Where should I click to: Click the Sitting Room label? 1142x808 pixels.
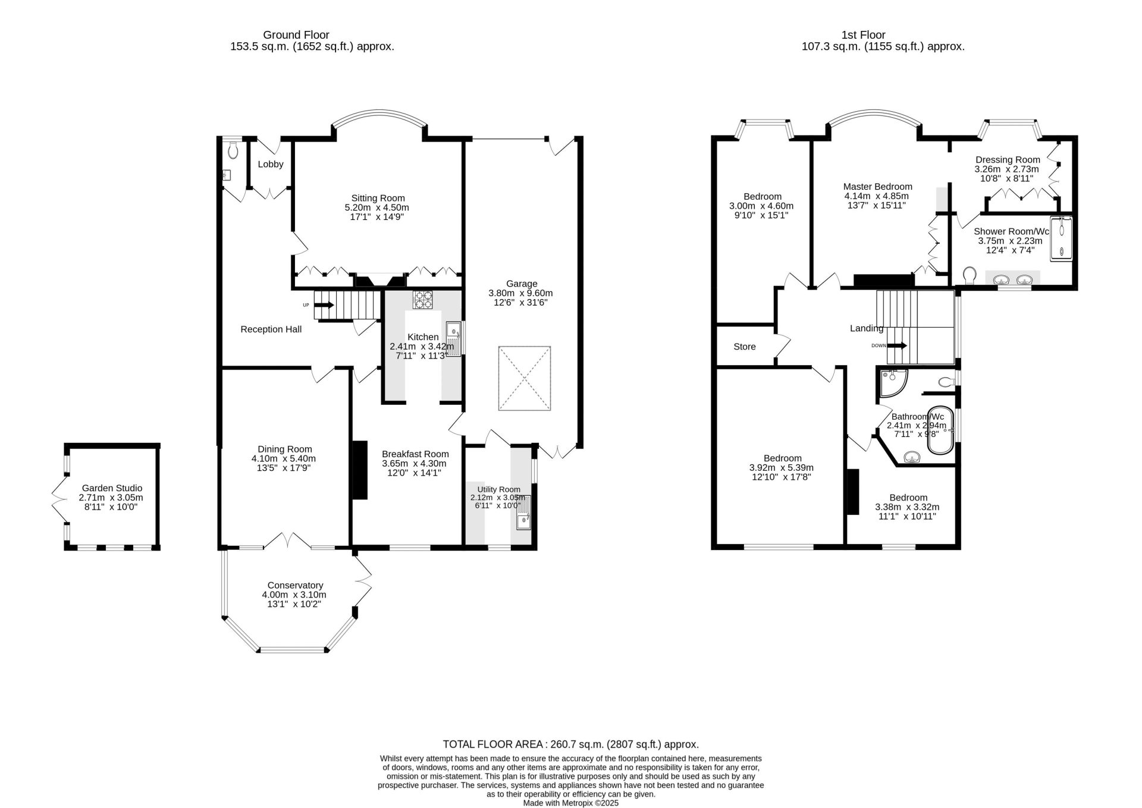tap(378, 198)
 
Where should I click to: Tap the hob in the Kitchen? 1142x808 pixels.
tap(423, 299)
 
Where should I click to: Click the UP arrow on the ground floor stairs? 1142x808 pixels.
tap(324, 305)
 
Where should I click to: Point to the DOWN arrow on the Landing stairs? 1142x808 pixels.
tap(897, 345)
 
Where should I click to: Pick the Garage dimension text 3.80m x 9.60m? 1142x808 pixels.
tap(520, 293)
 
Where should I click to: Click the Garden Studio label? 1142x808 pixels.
tap(112, 488)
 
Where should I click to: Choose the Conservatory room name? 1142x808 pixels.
tap(295, 585)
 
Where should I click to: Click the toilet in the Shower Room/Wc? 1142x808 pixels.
tap(970, 275)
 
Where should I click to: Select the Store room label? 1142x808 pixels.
tap(745, 347)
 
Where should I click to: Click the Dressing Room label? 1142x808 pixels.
tap(1008, 159)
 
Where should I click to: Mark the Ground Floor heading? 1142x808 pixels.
tap(296, 35)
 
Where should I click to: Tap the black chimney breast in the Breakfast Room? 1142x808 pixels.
tap(360, 470)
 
